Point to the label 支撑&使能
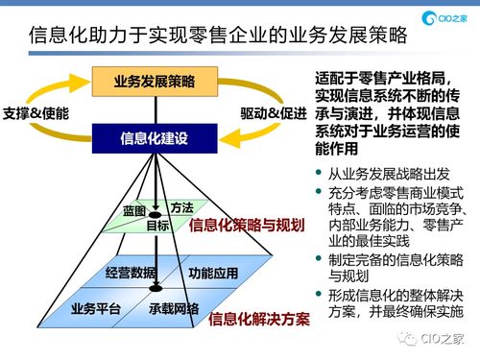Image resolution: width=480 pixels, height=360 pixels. [36, 112]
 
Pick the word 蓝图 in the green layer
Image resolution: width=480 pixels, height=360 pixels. [134, 210]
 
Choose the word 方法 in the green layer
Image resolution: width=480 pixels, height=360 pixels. [181, 207]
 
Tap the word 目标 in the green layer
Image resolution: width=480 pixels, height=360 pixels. [157, 226]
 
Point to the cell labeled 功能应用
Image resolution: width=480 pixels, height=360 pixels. [213, 273]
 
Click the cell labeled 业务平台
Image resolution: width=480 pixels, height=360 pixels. [96, 308]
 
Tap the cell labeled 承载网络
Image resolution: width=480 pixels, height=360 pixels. [174, 308]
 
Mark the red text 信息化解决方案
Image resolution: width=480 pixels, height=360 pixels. [258, 318]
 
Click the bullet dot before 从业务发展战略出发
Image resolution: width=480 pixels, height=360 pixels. [320, 173]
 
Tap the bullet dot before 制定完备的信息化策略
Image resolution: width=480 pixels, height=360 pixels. [320, 259]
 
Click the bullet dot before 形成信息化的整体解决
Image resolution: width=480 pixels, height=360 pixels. [320, 294]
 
